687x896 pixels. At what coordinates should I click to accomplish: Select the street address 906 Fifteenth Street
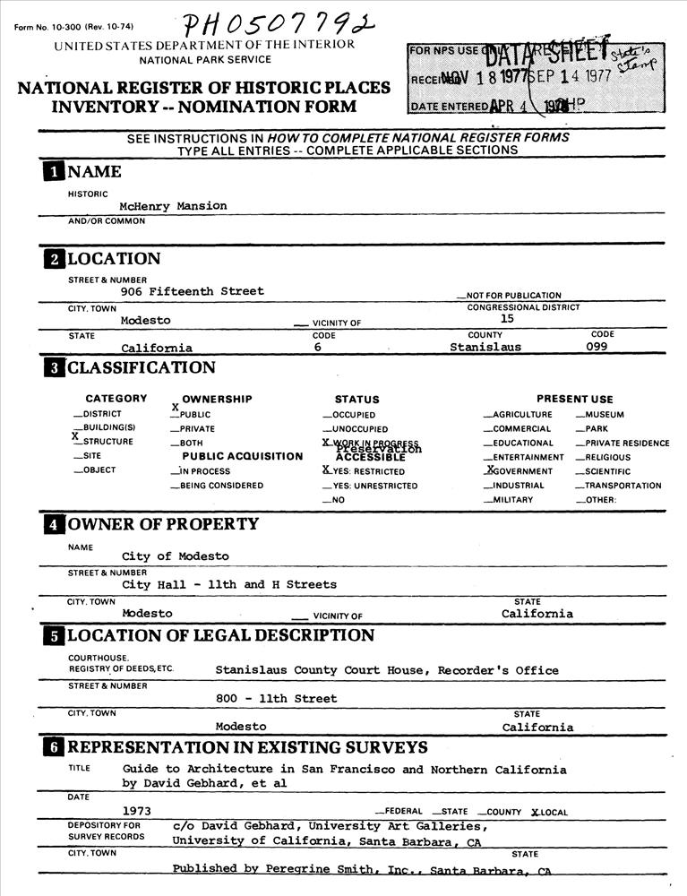click(x=193, y=291)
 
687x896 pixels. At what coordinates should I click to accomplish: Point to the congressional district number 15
click(x=507, y=318)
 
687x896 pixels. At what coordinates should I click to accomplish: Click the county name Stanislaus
click(x=485, y=347)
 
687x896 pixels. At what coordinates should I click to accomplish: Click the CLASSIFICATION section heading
click(x=141, y=367)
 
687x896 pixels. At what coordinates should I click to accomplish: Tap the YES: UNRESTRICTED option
click(x=369, y=486)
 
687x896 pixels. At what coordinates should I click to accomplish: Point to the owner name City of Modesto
click(x=176, y=556)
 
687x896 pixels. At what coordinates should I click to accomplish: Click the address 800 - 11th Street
click(x=277, y=699)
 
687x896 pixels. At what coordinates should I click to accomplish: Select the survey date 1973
click(x=136, y=811)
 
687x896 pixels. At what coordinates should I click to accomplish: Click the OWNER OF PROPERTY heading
click(x=163, y=524)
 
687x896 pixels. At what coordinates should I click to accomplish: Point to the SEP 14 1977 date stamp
click(x=573, y=76)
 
